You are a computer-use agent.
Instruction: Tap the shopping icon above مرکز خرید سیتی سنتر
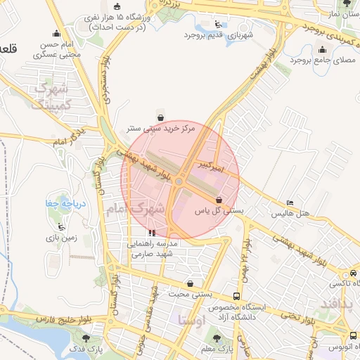160,117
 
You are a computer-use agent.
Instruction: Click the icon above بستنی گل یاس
219,200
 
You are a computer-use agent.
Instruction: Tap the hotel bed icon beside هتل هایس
290,202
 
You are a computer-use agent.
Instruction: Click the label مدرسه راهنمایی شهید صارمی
153,248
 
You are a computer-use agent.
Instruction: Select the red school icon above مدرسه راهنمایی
152,232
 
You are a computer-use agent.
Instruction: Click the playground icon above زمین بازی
62,226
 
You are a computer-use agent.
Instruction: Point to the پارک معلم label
216,349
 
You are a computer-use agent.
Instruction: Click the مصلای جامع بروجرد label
323,61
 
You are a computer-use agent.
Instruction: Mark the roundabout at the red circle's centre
180,182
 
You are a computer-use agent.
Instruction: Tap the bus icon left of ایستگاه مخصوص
236,296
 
